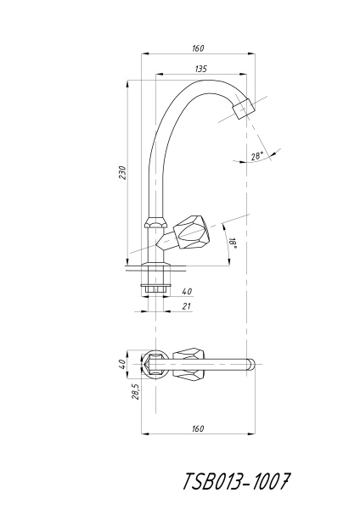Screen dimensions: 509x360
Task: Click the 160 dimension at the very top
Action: [198, 48]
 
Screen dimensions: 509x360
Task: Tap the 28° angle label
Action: [256, 155]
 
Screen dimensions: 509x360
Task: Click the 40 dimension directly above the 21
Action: [186, 291]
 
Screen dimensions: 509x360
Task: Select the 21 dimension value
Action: [186, 306]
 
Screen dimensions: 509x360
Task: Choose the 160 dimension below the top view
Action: [197, 429]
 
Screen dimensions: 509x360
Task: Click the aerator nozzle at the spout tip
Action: [245, 109]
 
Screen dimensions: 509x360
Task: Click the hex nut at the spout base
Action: [154, 223]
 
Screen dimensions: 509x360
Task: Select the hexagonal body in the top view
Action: [155, 364]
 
